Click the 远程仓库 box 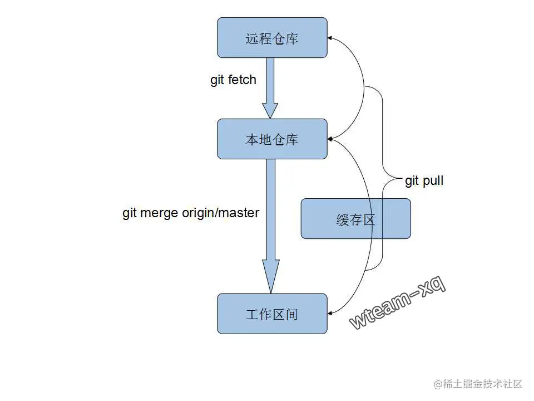tap(272, 37)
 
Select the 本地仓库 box tap(272, 139)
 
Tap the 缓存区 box tap(356, 219)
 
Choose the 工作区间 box tap(272, 314)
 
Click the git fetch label tap(233, 80)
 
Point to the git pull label tap(424, 180)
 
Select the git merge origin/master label tap(191, 213)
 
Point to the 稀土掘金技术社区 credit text tap(478, 384)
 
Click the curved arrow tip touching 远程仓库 tap(330, 38)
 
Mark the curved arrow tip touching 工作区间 tap(330, 314)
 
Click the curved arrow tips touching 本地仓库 tap(330, 138)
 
